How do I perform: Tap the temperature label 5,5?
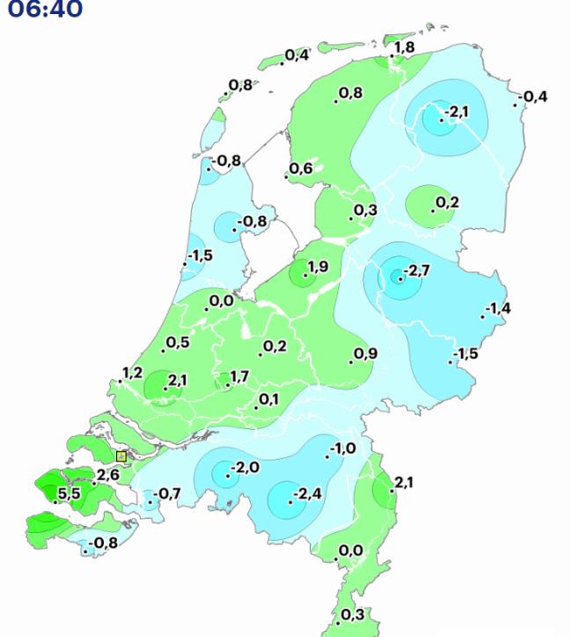pos(69,493)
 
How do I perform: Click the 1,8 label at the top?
pos(405,47)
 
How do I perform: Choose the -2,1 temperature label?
pos(457,112)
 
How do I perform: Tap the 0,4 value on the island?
pos(297,56)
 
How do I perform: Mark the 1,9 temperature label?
pos(318,266)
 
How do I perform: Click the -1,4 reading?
pos(497,307)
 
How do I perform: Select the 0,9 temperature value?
pos(365,353)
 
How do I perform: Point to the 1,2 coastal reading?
pos(132,373)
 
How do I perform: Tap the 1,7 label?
pos(238,377)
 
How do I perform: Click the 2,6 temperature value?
pos(107,475)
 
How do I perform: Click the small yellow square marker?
pos(121,456)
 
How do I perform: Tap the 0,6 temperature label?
pos(301,168)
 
